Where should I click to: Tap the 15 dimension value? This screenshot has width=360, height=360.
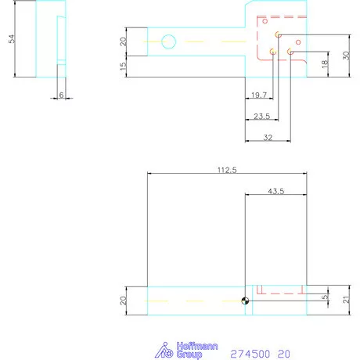(122, 67)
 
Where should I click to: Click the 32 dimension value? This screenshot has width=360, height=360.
(268, 138)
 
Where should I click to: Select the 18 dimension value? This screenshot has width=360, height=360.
(324, 64)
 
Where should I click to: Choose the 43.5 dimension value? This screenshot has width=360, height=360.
(275, 190)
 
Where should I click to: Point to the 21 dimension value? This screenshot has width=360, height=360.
(345, 300)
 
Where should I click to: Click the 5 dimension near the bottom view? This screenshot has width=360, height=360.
(324, 297)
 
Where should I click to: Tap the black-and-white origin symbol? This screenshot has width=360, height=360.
(246, 301)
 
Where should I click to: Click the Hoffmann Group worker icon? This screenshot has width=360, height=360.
(164, 351)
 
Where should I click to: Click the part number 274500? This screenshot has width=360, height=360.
(250, 354)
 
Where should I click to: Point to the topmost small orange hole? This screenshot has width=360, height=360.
(278, 34)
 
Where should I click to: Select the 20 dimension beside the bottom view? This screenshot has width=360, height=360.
(122, 301)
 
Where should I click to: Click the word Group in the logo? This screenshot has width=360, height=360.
(189, 355)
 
